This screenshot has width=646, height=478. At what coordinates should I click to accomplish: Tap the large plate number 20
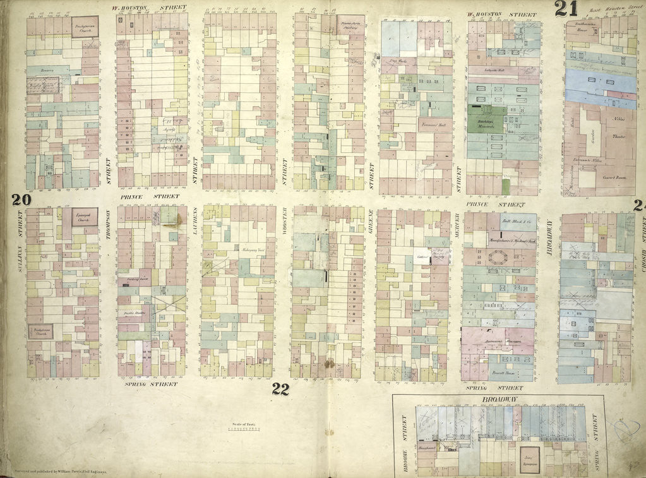point(21,200)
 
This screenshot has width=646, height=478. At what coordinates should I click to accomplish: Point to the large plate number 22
point(280,389)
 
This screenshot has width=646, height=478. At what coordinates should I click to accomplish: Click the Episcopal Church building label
point(84,217)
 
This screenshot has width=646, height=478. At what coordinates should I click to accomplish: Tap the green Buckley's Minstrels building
point(486,119)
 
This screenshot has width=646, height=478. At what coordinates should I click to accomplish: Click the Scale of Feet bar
point(244,429)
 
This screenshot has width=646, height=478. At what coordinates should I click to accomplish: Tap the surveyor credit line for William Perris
point(57,471)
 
